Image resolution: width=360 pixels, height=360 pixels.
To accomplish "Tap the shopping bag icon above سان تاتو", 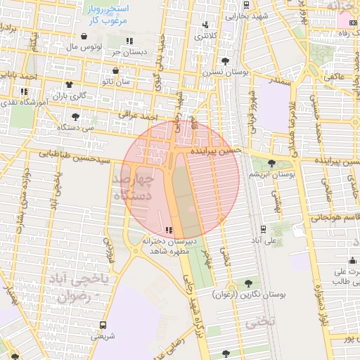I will coord(115,71).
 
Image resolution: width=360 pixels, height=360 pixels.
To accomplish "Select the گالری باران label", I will coord(72,95).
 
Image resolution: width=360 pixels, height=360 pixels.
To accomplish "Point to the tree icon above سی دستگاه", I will coord(75,117).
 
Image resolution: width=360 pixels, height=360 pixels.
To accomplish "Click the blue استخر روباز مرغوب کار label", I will coord(103,16).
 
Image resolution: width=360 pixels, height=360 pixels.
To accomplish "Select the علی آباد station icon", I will coord(263,229).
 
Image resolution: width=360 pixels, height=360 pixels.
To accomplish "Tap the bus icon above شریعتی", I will coord(103,326).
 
